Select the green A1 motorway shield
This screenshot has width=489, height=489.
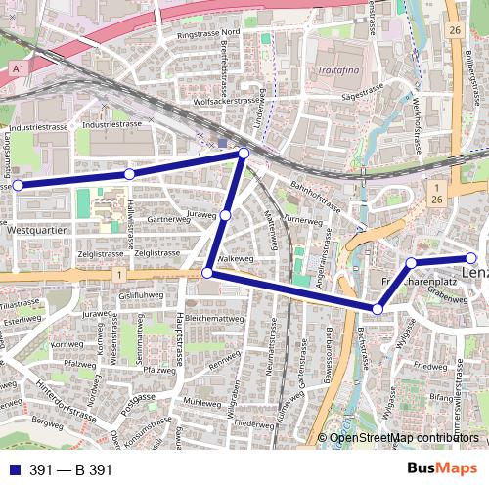(x=18, y=67)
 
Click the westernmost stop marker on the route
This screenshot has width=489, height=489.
(x=17, y=185)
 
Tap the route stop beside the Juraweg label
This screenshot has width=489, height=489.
(x=225, y=215)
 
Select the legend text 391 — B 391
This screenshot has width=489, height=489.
(x=70, y=470)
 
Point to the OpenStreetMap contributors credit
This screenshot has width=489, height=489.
(x=404, y=438)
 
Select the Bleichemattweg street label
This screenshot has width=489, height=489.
(x=213, y=319)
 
